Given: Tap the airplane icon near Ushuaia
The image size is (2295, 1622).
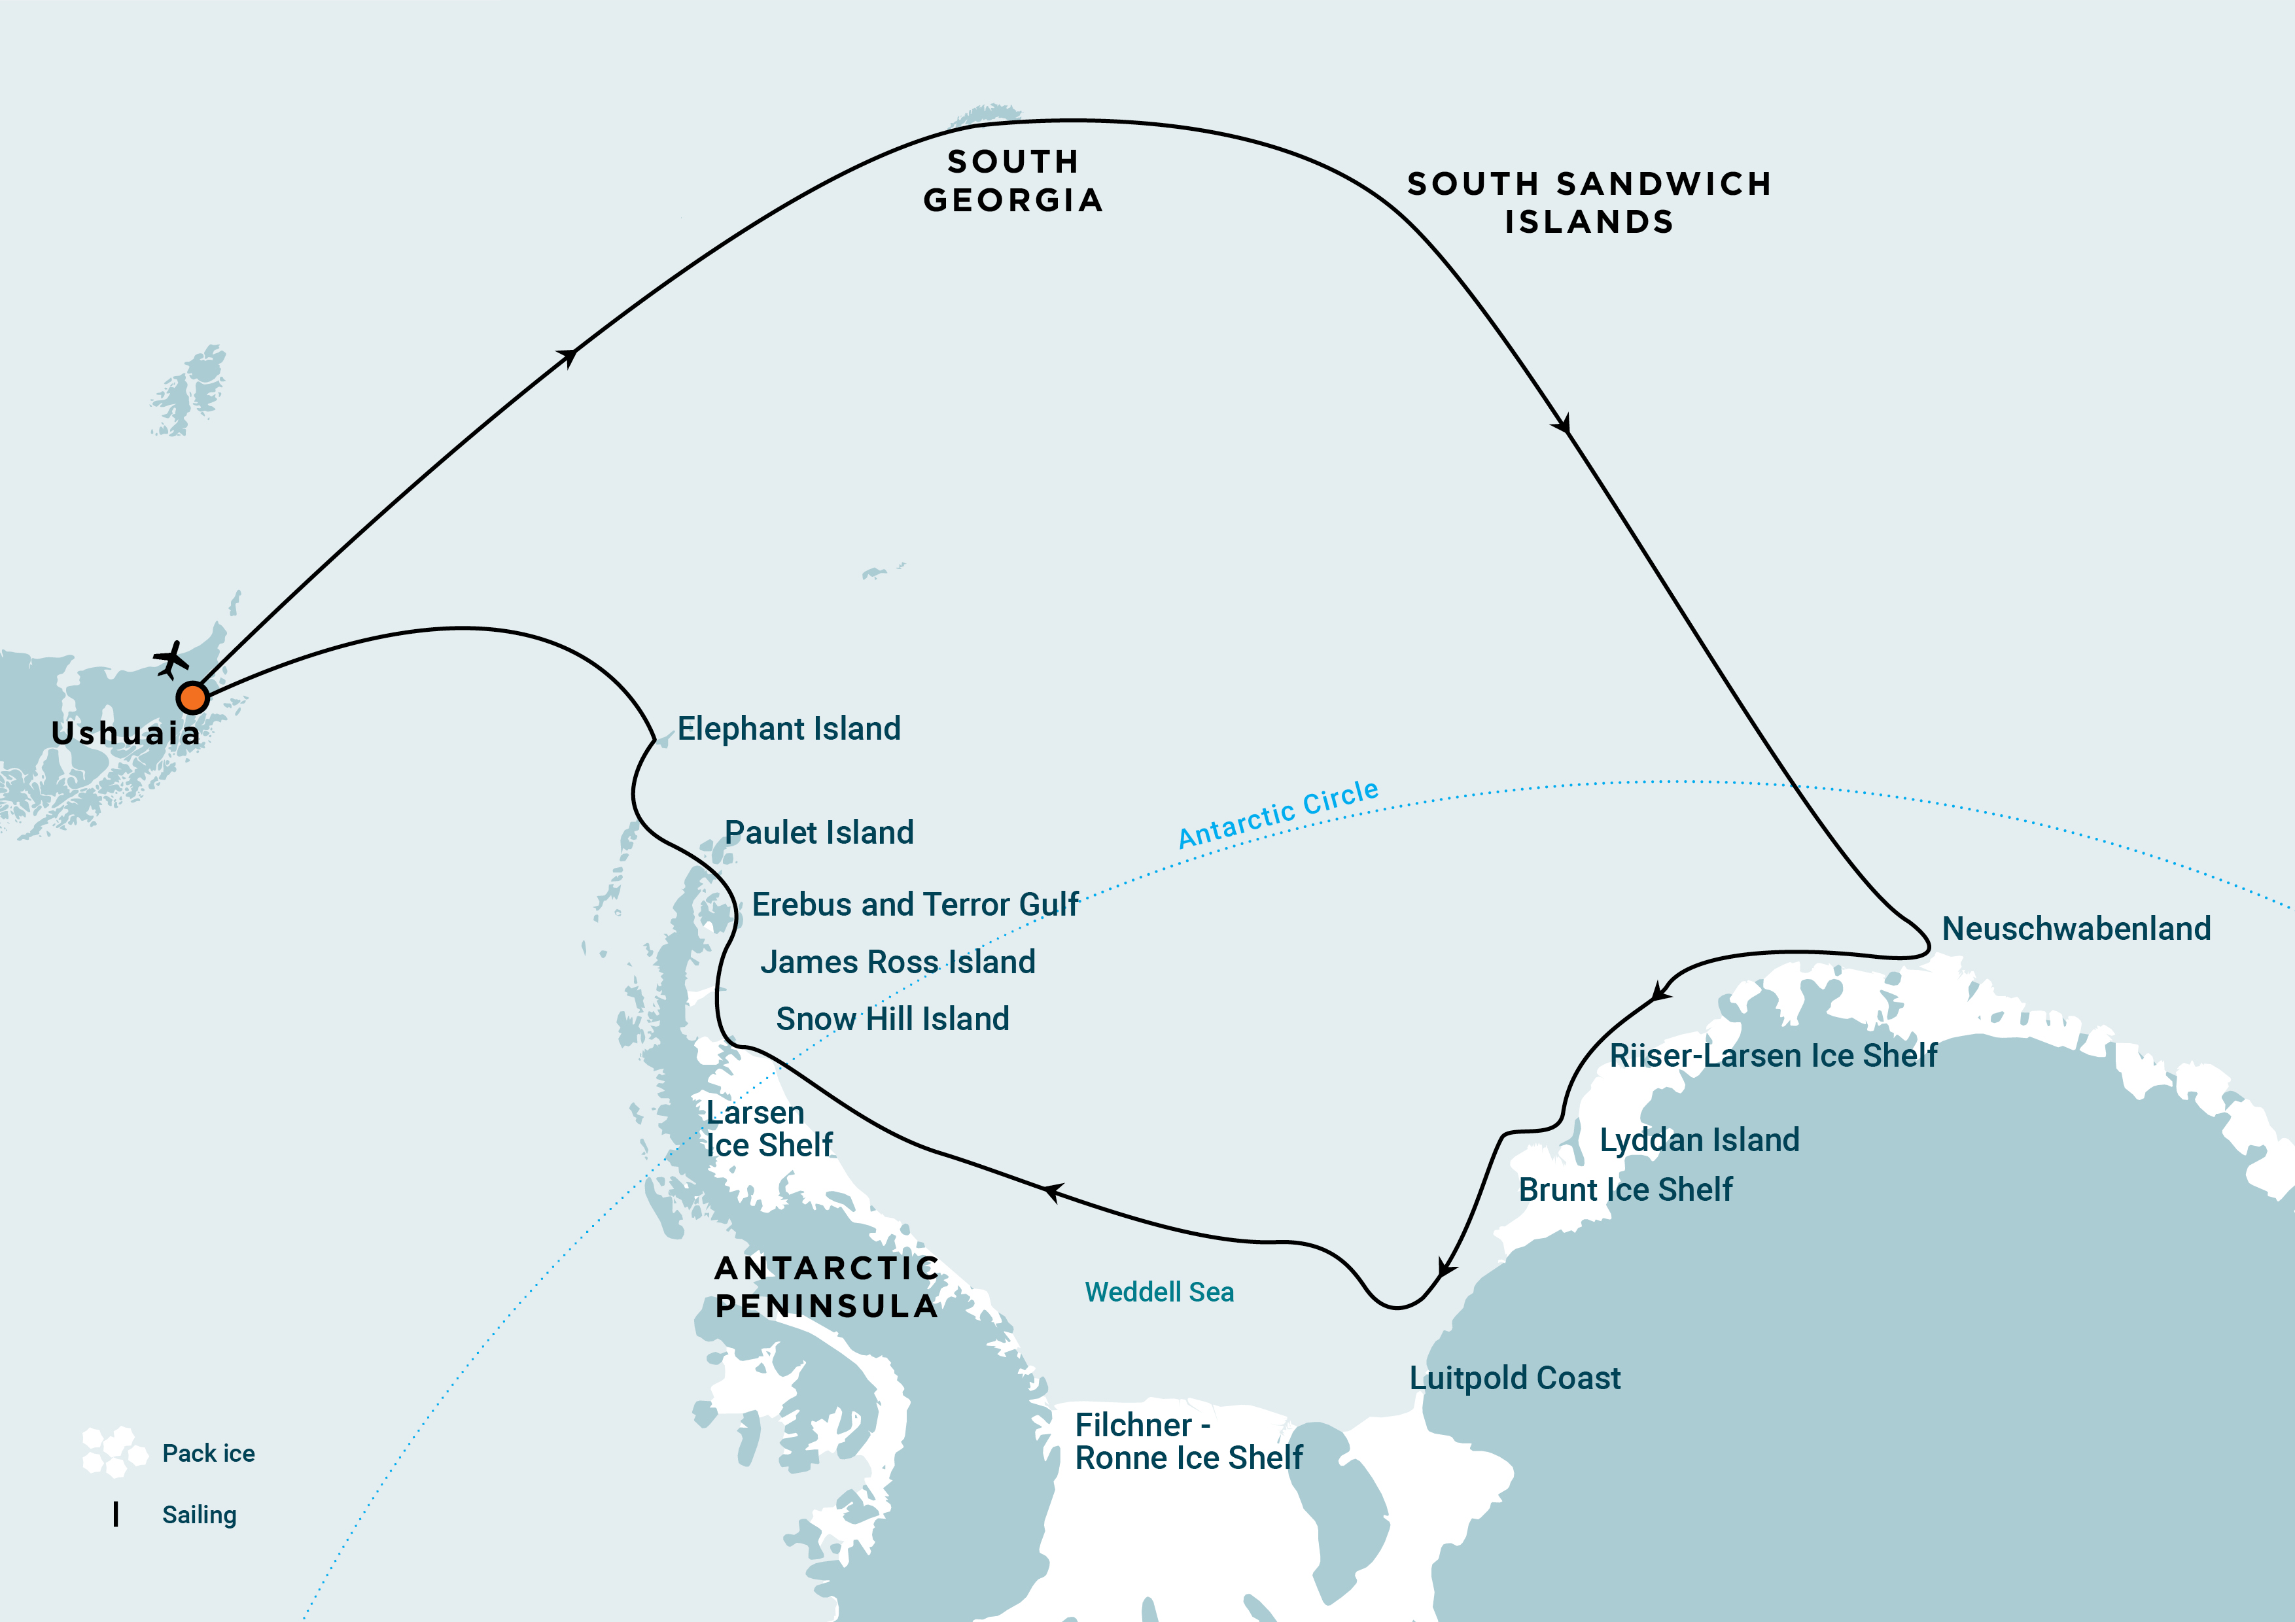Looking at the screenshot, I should pos(171,660).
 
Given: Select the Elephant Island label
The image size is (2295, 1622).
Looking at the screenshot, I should pos(788,729).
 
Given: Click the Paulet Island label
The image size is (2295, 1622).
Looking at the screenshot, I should pos(818,833).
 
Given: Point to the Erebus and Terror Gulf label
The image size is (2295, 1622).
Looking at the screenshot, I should pos(915,905).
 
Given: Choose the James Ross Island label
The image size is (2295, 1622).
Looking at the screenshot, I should pos(898,961).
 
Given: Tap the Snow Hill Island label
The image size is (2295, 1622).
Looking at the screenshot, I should pos(892,1018).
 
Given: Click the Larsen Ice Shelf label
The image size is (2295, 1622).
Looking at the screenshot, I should pos(769,1128).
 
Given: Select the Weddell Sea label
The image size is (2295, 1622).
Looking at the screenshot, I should pos(1159,1292).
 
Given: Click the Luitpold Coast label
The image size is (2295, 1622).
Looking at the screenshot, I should pos(1515,1378).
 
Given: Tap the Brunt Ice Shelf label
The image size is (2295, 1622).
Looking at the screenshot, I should pos(1624,1189).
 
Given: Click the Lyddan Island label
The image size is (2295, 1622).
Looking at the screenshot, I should pos(1699,1139).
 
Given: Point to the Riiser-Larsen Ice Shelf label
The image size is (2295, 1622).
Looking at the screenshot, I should pos(1772,1056).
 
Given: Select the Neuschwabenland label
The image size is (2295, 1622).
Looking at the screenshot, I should pos(2075,929).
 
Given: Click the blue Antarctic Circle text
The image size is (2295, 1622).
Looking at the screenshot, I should pos(1278,814).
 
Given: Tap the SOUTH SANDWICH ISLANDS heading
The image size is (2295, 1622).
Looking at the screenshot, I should pos(1589,202).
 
